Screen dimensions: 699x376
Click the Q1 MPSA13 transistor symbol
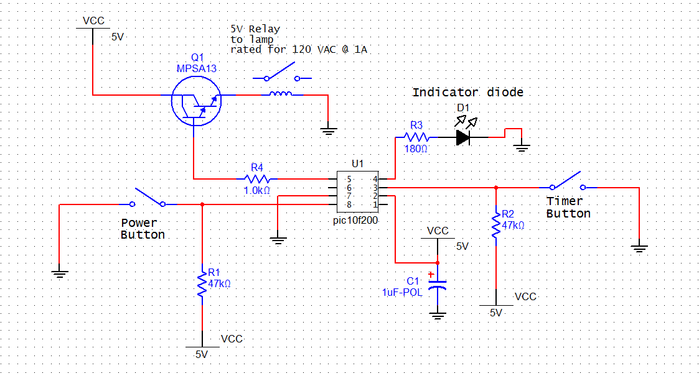click(195, 101)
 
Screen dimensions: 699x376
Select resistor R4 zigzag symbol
click(257, 179)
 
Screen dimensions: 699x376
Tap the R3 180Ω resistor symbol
click(416, 137)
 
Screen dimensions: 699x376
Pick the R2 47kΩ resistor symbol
click(495, 226)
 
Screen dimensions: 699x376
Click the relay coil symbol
click(280, 94)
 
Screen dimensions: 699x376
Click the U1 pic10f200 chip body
click(357, 192)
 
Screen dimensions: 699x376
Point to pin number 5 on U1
click(349, 180)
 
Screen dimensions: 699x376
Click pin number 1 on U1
click(375, 204)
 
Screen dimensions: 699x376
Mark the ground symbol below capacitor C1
click(438, 316)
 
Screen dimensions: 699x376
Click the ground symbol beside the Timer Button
click(639, 249)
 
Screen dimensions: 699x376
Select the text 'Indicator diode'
click(467, 92)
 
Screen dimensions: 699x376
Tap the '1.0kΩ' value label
click(257, 190)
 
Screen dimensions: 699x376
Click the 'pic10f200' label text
click(356, 220)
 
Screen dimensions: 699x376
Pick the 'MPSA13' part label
click(197, 68)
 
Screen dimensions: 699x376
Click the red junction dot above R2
click(495, 188)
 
